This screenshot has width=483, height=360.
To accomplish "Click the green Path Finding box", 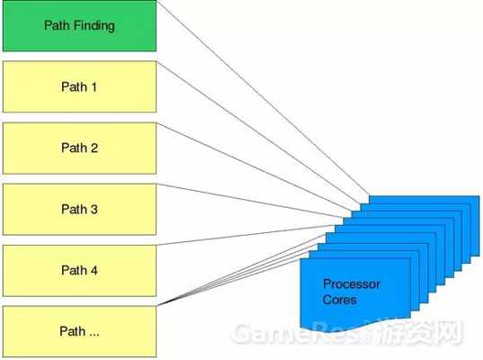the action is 79,25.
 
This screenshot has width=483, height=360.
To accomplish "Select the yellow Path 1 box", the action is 79,86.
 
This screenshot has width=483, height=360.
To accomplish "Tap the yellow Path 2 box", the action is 79,148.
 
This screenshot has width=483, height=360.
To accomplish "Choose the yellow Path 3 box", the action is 79,210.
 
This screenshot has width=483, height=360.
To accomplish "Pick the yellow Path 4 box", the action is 79,271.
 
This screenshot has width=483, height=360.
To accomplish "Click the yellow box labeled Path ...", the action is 79,331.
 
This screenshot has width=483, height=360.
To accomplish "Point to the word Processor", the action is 352,283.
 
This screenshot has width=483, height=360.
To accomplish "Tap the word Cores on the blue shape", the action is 339,300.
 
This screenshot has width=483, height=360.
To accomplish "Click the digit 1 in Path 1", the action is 94,87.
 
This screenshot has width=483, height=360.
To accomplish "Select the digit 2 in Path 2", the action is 94,148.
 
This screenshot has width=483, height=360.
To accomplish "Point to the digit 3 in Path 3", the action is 94,210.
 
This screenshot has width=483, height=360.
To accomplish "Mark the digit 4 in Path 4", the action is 94,270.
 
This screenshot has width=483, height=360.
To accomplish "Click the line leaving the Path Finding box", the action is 263,97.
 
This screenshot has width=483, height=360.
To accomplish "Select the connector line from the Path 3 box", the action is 249,201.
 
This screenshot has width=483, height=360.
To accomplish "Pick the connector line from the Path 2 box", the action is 255,166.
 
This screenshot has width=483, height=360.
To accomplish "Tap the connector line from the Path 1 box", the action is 258,132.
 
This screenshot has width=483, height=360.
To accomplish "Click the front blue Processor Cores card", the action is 355,290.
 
